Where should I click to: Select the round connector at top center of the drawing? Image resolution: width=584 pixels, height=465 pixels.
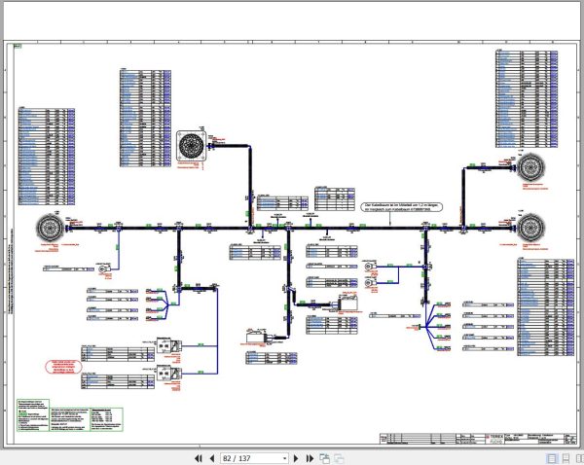point(189,147)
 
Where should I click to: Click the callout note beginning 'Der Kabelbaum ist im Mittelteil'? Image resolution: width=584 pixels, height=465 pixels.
point(399,208)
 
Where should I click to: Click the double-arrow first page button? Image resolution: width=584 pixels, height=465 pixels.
point(199,457)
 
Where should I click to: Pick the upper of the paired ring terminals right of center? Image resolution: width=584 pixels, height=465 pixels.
point(369,265)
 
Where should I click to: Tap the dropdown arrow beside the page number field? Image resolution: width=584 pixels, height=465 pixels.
point(284,457)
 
